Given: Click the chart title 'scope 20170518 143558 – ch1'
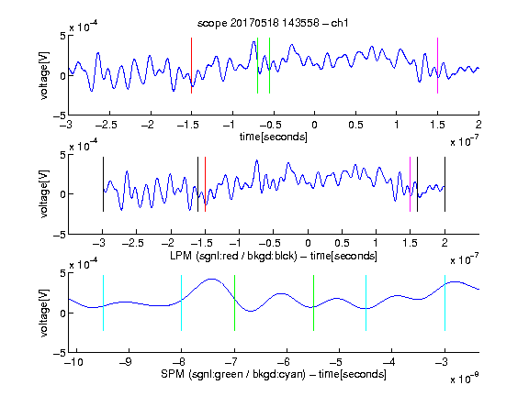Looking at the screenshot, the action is (x=273, y=23).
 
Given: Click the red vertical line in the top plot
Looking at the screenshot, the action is (x=191, y=65).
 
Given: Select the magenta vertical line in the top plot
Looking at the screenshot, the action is (x=437, y=65).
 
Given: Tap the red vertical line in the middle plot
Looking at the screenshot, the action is (x=205, y=184).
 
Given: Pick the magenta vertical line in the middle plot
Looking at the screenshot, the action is (x=410, y=184).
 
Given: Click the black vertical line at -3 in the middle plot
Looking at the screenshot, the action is (x=103, y=184).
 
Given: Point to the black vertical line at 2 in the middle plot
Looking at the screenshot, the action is (x=445, y=184).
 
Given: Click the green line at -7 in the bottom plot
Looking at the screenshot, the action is (x=234, y=302).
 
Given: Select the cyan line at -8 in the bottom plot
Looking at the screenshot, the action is (x=181, y=302).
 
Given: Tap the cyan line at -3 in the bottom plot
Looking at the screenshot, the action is (x=445, y=302).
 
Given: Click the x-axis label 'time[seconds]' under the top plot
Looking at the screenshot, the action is (x=274, y=137).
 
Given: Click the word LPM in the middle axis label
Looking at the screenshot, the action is (x=181, y=256).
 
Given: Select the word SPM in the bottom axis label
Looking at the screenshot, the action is (x=173, y=374).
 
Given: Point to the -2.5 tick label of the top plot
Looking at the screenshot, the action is (x=106, y=125).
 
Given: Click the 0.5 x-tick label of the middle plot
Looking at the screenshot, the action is (x=342, y=243).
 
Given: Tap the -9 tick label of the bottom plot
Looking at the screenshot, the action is (x=126, y=362).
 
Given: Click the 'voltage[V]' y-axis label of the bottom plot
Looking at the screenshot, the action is (x=44, y=313).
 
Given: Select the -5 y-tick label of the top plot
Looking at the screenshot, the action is (x=59, y=115).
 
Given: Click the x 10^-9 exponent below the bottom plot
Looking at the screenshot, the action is (x=464, y=379).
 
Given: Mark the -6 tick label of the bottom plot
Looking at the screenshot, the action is (x=284, y=362).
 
